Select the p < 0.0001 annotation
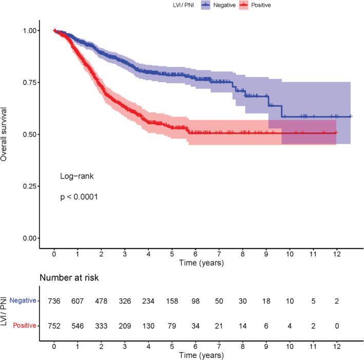pyautogui.click(x=80, y=197)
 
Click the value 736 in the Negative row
pyautogui.click(x=54, y=301)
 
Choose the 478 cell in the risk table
pyautogui.click(x=102, y=301)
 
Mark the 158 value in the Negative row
pyautogui.click(x=173, y=301)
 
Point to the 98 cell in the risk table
pyautogui.click(x=196, y=301)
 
